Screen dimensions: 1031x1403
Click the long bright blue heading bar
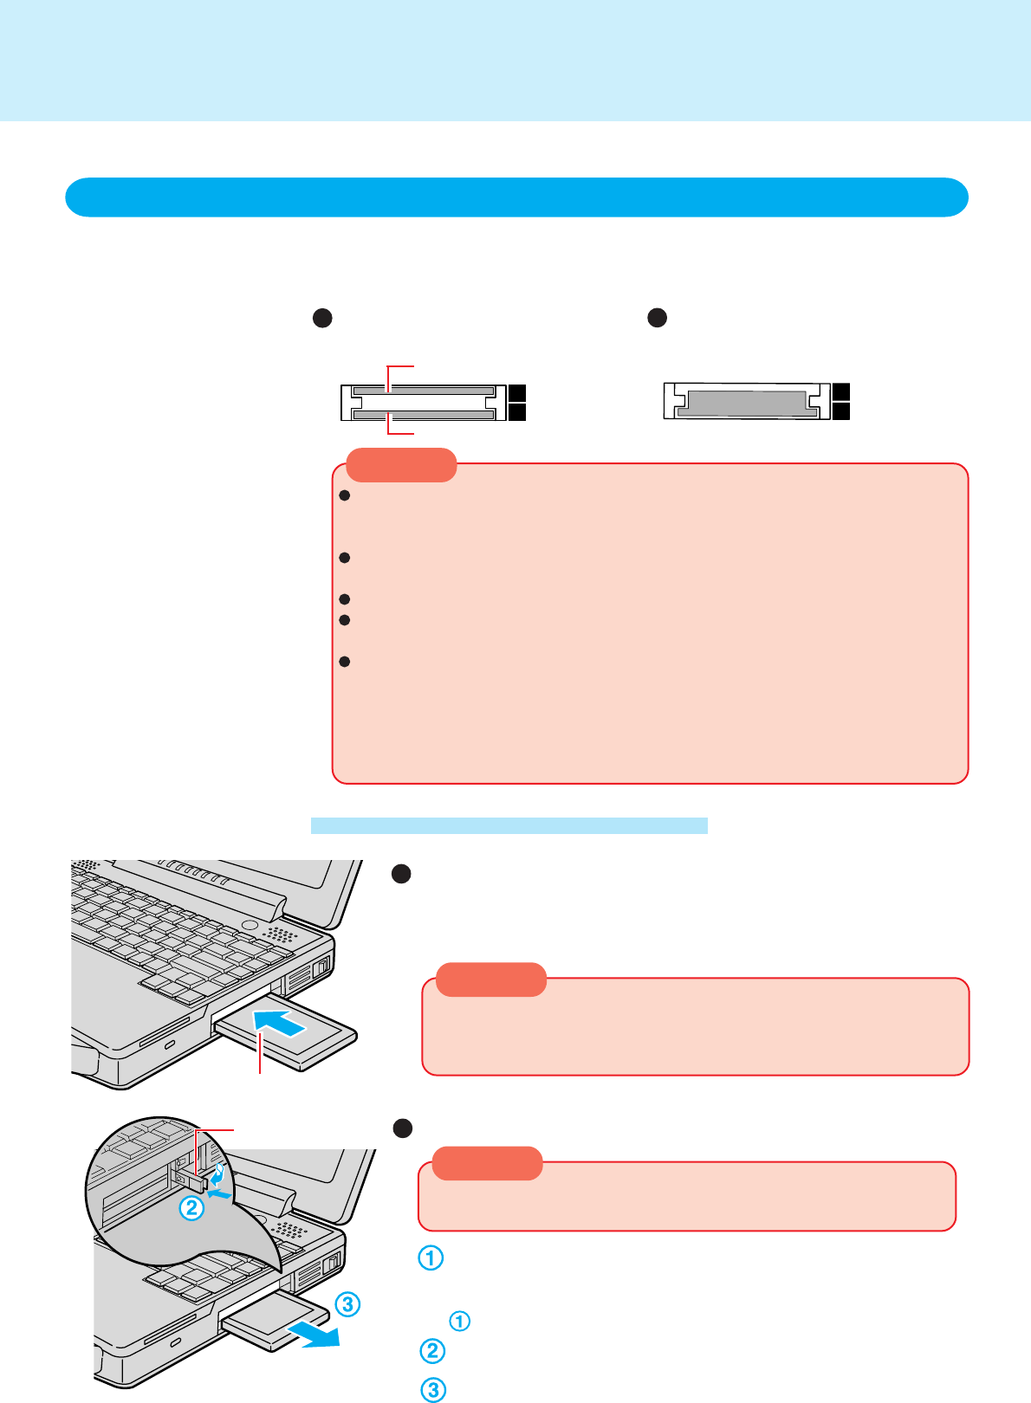(x=516, y=197)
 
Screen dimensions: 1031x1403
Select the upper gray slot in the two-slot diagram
(x=424, y=391)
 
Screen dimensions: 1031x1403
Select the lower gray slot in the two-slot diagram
(x=424, y=415)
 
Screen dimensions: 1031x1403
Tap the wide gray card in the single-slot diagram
(x=746, y=403)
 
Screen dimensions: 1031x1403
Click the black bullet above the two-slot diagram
(x=322, y=319)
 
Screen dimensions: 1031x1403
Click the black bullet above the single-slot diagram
(x=658, y=318)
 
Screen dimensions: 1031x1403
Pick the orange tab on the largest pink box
(x=401, y=465)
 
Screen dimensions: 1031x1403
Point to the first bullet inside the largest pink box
(x=344, y=496)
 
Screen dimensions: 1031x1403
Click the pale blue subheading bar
(x=509, y=825)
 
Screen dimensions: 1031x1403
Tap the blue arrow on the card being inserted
(x=280, y=1022)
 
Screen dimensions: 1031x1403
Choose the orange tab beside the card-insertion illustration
(x=491, y=980)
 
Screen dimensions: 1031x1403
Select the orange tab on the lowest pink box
(x=487, y=1163)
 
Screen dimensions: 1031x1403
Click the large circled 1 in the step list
(x=431, y=1258)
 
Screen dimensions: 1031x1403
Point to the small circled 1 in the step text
(x=459, y=1321)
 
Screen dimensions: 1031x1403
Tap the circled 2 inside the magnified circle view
(x=191, y=1207)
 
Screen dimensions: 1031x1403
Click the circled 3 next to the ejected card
(x=347, y=1303)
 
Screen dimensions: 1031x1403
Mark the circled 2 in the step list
(x=432, y=1351)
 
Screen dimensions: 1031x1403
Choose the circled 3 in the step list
(x=432, y=1390)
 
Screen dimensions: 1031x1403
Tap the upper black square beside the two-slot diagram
(x=517, y=393)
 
